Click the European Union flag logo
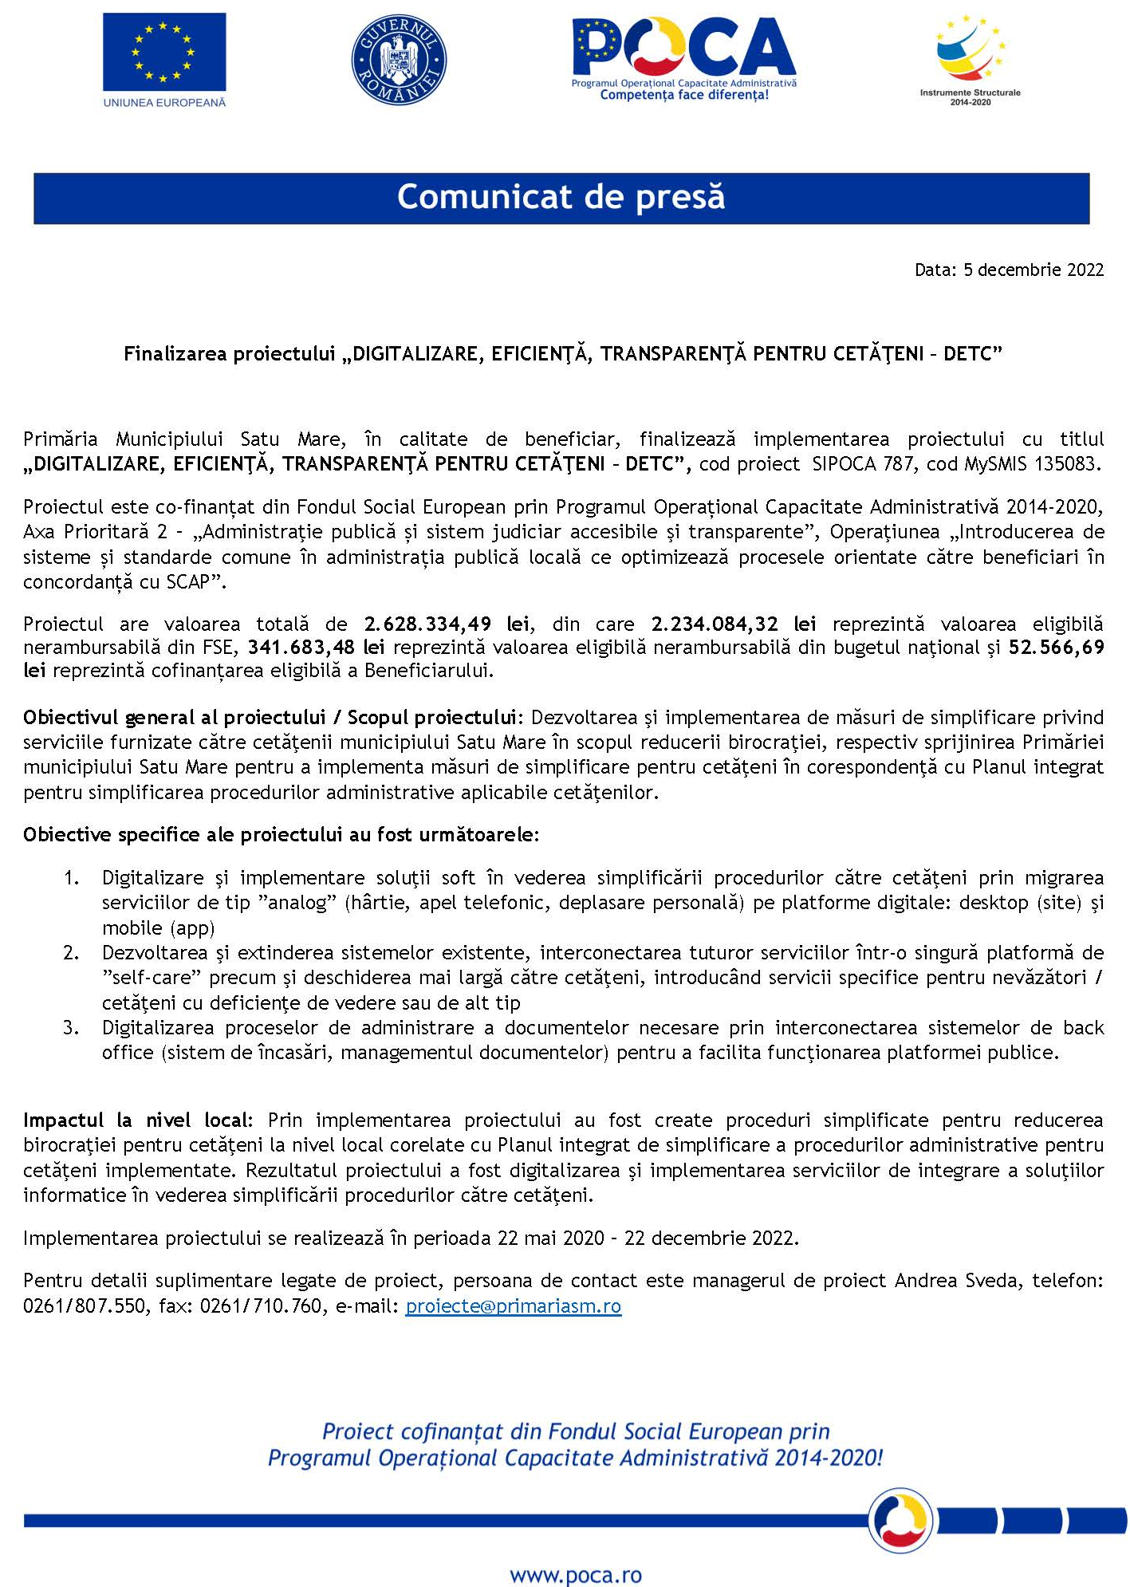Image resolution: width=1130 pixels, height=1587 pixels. point(164,53)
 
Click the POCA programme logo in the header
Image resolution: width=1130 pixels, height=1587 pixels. point(683,58)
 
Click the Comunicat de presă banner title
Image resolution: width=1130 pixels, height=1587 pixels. point(561,197)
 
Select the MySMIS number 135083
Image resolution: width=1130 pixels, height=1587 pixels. point(1067,464)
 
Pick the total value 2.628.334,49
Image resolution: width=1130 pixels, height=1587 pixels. point(427,624)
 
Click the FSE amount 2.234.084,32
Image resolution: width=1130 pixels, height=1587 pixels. point(715,624)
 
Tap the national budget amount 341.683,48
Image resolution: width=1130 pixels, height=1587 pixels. point(301,648)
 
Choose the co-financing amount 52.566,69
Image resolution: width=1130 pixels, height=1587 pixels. point(1057,648)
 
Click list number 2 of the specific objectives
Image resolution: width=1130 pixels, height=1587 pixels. point(71,953)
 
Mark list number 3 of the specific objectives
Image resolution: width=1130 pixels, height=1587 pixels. point(71,1028)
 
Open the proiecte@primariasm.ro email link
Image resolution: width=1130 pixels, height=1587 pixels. point(513,1306)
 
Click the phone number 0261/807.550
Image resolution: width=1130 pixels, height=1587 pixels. point(84,1306)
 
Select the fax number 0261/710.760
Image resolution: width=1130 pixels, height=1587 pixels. point(261,1306)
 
